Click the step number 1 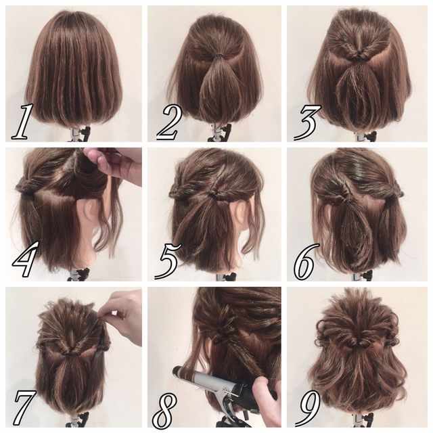click(x=23, y=122)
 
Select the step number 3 click(x=307, y=122)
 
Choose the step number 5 click(x=168, y=261)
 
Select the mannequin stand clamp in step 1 click(x=80, y=134)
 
